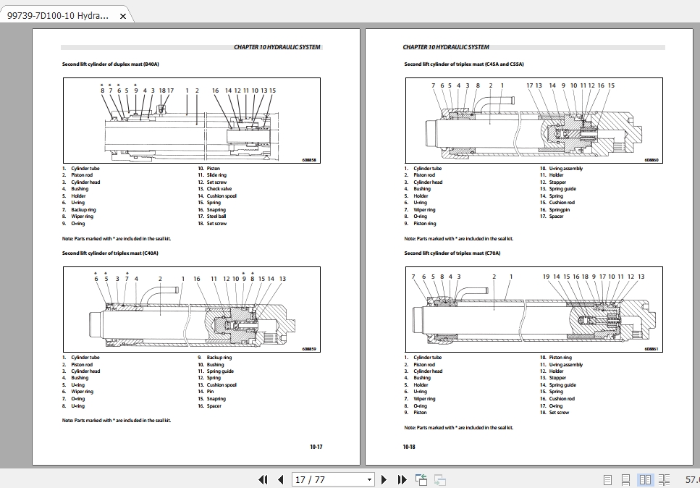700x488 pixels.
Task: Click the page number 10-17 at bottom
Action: click(316, 447)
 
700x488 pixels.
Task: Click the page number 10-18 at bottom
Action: click(409, 447)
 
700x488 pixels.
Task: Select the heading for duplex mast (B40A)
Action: click(111, 64)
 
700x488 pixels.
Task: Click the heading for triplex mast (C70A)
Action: click(452, 253)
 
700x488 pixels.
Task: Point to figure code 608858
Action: click(308, 160)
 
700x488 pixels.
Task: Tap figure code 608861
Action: click(651, 349)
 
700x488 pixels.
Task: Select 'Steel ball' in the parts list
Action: click(216, 216)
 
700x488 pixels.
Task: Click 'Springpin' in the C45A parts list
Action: click(560, 210)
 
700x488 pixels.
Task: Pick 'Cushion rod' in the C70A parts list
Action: click(562, 399)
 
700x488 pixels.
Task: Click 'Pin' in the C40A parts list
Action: click(210, 392)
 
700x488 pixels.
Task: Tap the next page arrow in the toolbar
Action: click(384, 479)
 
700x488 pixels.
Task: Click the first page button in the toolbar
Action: click(263, 479)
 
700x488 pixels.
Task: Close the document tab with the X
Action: click(122, 16)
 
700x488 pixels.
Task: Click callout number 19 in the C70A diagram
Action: click(546, 277)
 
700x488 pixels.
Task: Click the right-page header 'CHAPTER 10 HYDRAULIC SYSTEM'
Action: click(446, 47)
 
